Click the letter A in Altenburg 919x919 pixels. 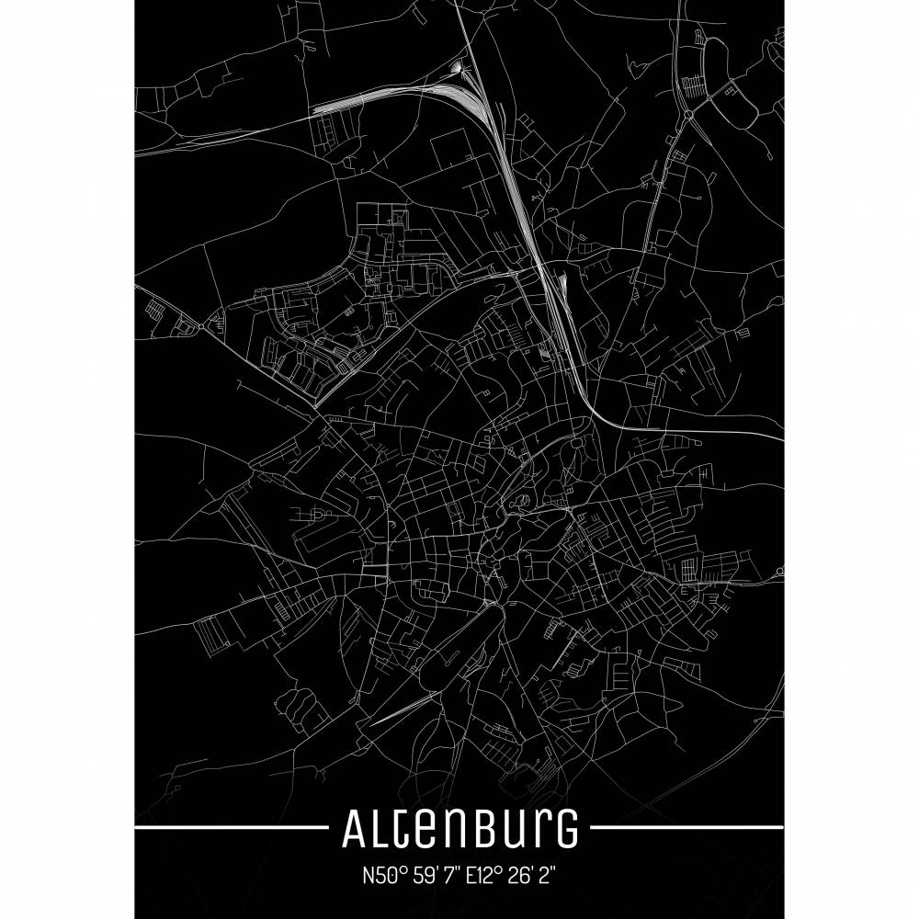(355, 830)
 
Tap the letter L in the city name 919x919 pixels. (380, 830)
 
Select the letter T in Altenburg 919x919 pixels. (403, 830)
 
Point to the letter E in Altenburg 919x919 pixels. (430, 833)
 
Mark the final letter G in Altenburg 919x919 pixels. (568, 831)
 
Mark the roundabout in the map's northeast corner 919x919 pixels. (688, 115)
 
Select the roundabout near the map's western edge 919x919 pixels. (201, 325)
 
